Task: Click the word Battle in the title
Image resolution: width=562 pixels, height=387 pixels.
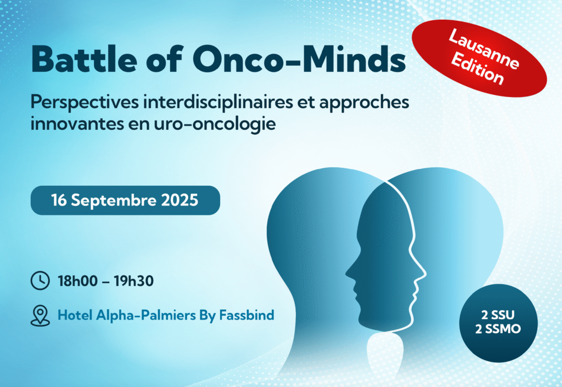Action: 84,59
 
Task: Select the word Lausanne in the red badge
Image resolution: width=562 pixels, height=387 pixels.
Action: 484,49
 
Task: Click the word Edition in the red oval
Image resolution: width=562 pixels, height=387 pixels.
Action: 477,70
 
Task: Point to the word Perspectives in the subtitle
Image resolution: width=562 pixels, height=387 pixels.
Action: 85,103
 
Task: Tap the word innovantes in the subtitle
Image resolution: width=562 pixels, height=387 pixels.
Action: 72,124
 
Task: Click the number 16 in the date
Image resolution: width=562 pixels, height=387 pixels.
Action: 59,200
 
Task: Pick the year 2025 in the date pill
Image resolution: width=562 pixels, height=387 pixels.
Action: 179,200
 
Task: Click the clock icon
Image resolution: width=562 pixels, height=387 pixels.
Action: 40,280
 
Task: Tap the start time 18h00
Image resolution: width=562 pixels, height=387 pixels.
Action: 78,281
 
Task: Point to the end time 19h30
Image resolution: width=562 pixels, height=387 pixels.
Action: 134,281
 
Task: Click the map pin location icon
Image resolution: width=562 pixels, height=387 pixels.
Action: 40,315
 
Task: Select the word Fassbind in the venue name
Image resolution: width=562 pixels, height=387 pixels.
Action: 246,315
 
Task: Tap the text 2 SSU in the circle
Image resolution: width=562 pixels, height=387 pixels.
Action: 498,315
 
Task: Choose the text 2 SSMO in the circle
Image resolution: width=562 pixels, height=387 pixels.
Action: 498,329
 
